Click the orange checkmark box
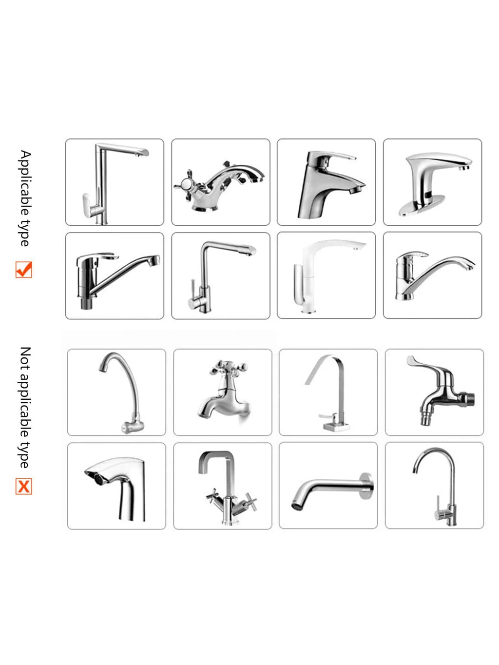click(23, 270)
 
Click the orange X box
click(23, 486)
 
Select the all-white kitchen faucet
click(326, 275)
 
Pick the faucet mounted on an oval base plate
click(432, 182)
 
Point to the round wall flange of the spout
click(367, 486)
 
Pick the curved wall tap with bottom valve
click(116, 392)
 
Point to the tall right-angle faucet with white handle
click(115, 182)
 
